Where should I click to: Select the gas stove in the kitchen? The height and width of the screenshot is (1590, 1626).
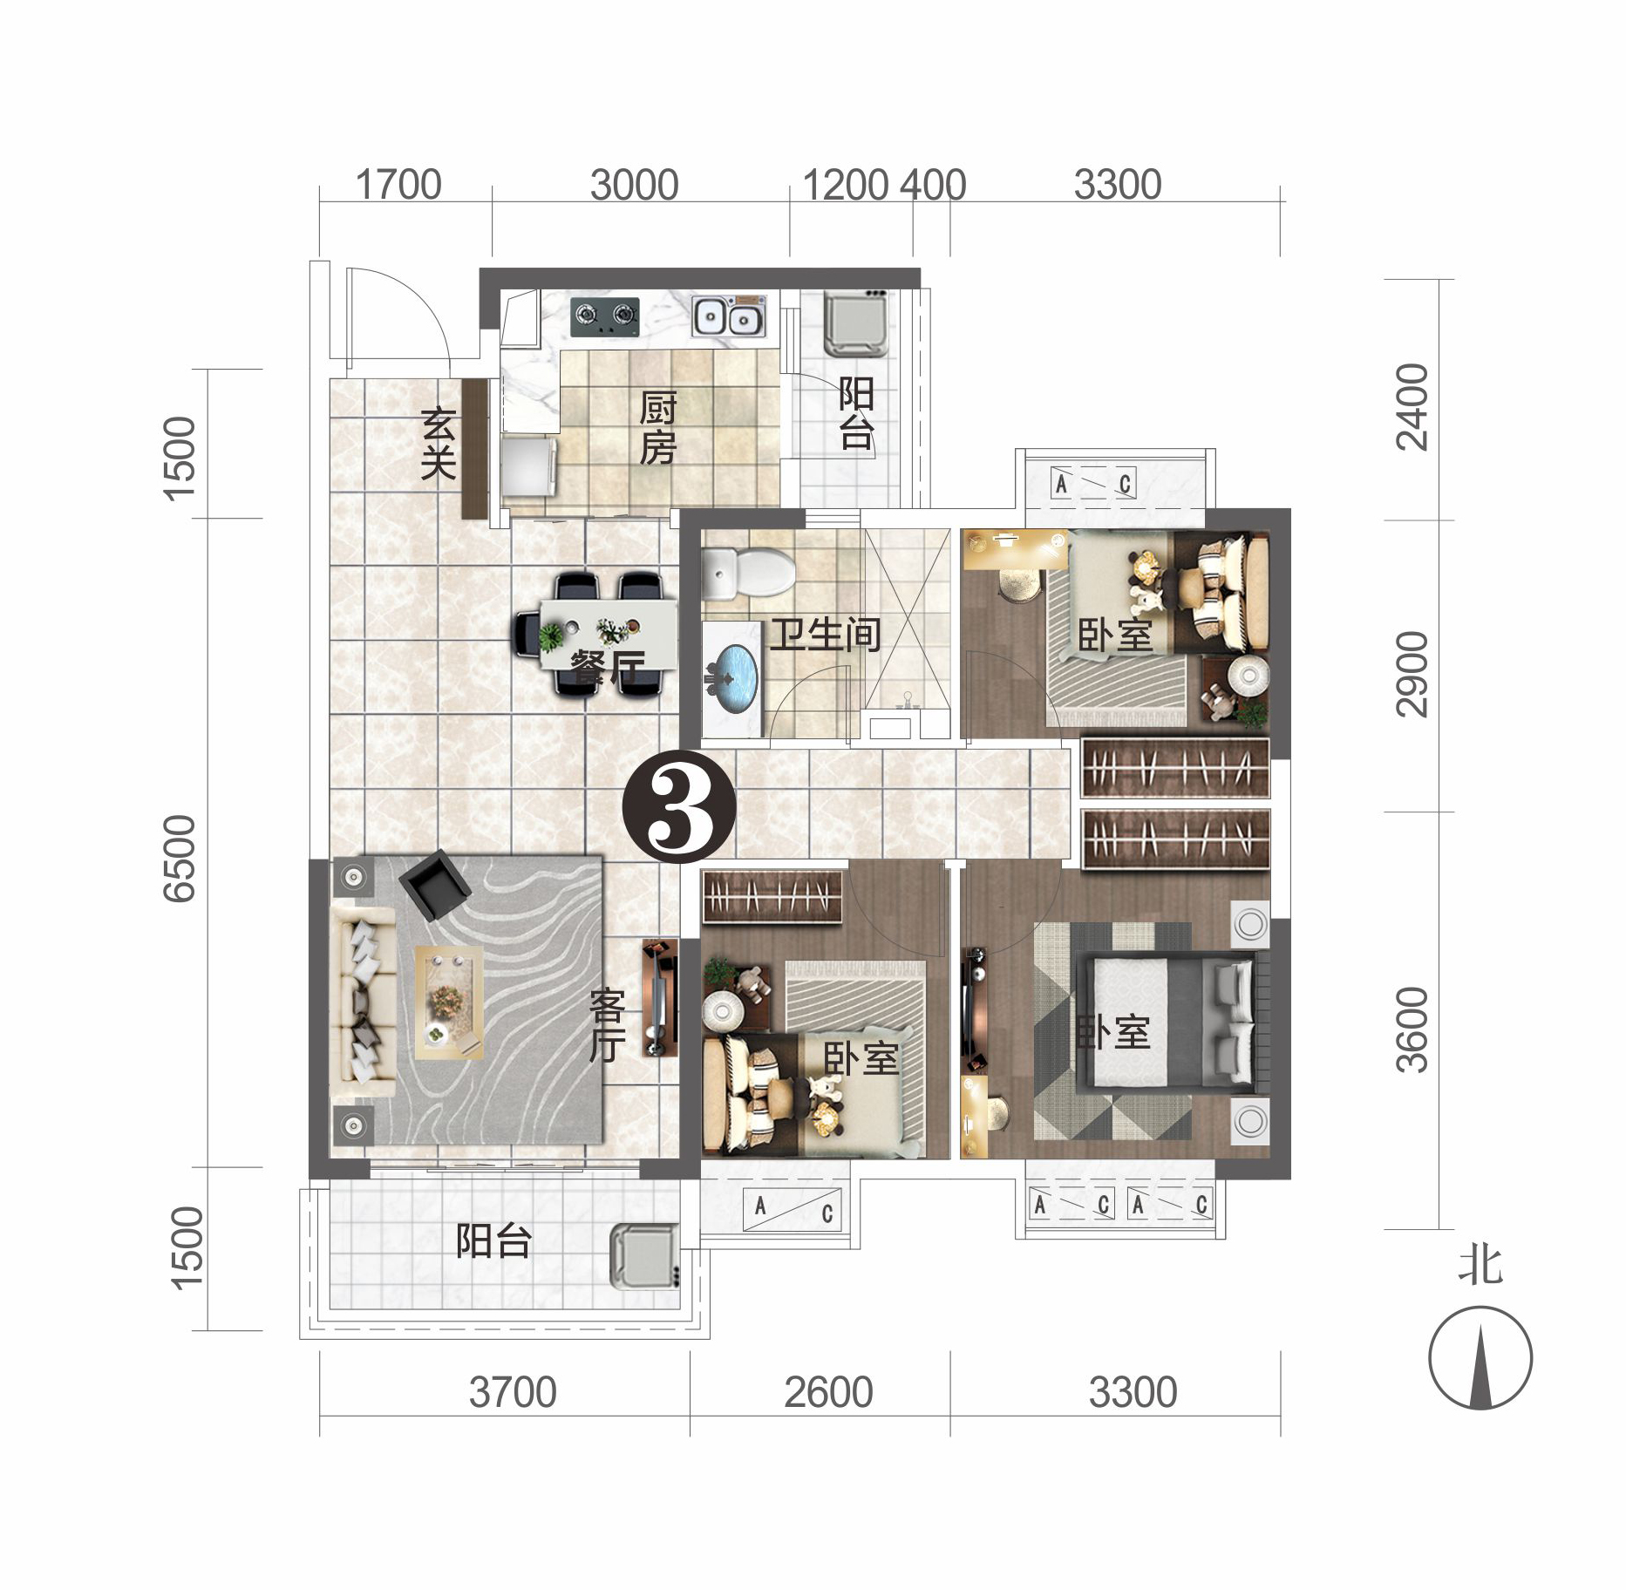pos(604,316)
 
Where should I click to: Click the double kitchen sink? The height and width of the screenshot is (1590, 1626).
pos(729,316)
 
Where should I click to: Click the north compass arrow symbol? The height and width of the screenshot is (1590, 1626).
pos(1480,1359)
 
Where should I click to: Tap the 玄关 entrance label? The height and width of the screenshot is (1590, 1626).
pos(438,444)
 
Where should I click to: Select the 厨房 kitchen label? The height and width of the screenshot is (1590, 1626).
pos(657,428)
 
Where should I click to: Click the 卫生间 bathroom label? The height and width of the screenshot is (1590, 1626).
pos(824,635)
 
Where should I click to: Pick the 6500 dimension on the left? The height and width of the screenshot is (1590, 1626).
pos(180,858)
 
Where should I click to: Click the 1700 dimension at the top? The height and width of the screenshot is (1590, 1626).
pos(398,186)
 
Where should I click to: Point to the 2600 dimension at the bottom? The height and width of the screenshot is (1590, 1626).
pos(827,1392)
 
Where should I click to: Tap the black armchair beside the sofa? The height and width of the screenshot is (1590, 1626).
pos(434,884)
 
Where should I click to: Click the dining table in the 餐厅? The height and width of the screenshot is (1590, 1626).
pos(608,631)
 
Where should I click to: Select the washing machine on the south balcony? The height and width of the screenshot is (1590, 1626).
pos(643,1256)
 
